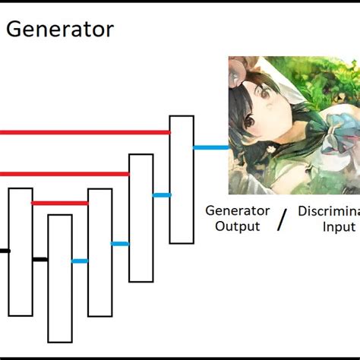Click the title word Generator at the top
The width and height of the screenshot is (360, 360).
click(x=61, y=30)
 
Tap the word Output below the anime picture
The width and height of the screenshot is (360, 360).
click(x=237, y=226)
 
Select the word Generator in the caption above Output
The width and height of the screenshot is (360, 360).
click(x=238, y=211)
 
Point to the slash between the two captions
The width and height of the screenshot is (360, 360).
click(x=283, y=220)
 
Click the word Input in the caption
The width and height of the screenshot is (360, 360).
click(x=338, y=226)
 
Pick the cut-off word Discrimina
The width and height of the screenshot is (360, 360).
click(x=328, y=211)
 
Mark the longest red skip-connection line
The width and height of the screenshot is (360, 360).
click(x=84, y=132)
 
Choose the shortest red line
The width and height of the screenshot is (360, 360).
click(x=60, y=203)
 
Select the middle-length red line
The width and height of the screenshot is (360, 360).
click(x=65, y=174)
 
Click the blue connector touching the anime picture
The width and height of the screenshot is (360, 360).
click(x=210, y=147)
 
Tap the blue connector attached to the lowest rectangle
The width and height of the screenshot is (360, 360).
click(x=80, y=261)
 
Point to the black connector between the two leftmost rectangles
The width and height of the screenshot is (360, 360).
click(x=40, y=260)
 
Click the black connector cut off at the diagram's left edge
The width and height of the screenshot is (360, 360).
click(x=5, y=250)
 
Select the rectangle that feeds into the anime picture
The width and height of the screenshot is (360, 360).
click(x=182, y=179)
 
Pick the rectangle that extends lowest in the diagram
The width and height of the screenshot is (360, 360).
click(x=60, y=278)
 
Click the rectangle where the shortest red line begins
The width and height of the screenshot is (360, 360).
click(x=21, y=251)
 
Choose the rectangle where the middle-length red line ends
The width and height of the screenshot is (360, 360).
click(x=141, y=217)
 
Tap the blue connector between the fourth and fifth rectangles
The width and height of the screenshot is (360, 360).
click(x=161, y=195)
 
